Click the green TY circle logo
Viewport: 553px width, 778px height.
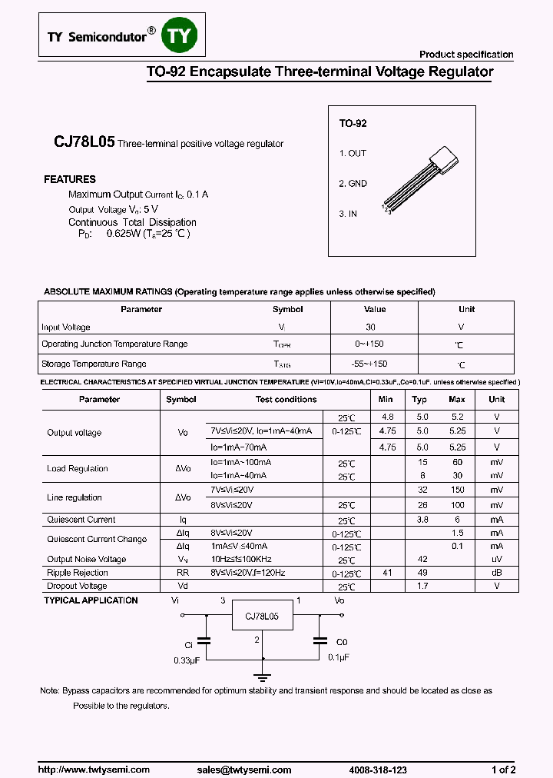(180, 35)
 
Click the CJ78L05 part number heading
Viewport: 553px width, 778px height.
(84, 142)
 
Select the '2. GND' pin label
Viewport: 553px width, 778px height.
(353, 184)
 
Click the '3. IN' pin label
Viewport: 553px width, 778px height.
(348, 214)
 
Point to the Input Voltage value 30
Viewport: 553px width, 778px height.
(370, 327)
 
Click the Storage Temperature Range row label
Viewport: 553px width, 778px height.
(94, 364)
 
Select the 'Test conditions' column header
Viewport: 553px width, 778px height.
(286, 400)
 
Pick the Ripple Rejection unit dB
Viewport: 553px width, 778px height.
(497, 573)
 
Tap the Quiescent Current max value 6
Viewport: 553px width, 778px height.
(457, 520)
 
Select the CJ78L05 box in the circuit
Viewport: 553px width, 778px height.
(262, 617)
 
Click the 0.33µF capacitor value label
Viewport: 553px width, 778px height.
(187, 659)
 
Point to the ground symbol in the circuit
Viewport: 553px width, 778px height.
(263, 677)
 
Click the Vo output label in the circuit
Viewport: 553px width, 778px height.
(339, 600)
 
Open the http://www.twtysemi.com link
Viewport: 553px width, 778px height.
(94, 770)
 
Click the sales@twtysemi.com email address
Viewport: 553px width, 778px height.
(243, 770)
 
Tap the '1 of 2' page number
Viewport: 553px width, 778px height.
(503, 770)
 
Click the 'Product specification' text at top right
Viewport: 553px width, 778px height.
(465, 55)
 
